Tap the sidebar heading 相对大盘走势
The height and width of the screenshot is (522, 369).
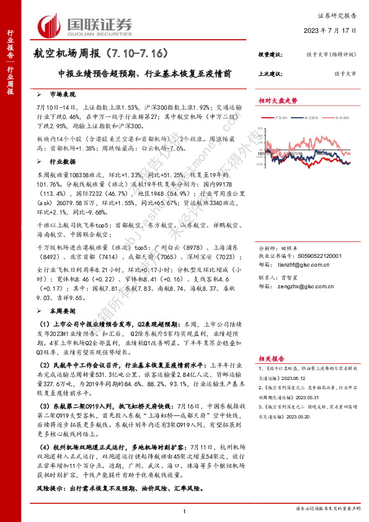click(x=278, y=100)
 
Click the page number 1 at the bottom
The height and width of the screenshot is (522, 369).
click(x=185, y=510)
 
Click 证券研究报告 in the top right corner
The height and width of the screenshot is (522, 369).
click(x=338, y=15)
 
